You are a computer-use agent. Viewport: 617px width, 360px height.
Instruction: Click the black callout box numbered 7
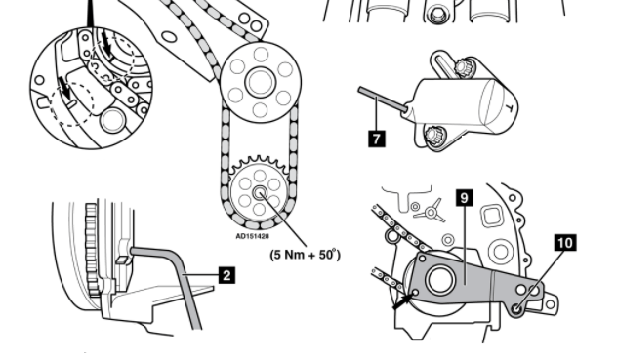[x=377, y=139]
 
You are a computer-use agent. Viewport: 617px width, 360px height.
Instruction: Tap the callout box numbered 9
[x=465, y=198]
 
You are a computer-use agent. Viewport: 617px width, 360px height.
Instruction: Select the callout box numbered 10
[x=565, y=243]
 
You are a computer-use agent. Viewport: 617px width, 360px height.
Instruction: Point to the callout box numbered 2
[x=226, y=275]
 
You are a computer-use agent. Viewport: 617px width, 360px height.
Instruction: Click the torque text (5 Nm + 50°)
[x=305, y=255]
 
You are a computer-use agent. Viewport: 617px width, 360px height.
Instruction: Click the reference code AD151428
[x=252, y=236]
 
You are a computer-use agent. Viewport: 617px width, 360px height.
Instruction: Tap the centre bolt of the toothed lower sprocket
[x=260, y=193]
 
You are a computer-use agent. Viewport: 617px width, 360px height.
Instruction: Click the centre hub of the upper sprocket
[x=260, y=82]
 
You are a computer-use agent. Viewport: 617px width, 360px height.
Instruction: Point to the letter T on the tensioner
[x=509, y=107]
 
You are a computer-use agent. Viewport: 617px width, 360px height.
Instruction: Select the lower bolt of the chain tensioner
[x=433, y=136]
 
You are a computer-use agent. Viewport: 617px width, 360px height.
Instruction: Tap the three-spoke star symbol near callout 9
[x=431, y=213]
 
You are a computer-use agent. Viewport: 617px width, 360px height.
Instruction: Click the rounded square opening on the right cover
[x=491, y=216]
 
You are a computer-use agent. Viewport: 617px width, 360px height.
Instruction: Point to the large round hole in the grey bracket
[x=440, y=280]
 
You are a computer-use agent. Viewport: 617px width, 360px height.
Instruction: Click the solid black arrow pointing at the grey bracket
[x=404, y=300]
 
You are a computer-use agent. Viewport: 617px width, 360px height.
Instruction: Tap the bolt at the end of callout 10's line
[x=517, y=310]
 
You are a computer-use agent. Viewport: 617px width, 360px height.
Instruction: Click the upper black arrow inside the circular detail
[x=106, y=45]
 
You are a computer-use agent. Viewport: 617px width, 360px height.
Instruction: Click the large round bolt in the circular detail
[x=112, y=120]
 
